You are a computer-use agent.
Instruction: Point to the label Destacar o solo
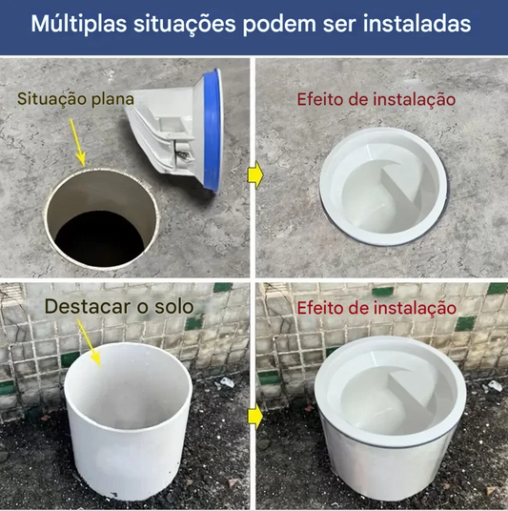point(118,306)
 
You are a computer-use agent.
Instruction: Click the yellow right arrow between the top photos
point(254,174)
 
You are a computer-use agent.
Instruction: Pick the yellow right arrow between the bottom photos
point(254,416)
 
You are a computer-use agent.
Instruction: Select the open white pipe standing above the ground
point(129,419)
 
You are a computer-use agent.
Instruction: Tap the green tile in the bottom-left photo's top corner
point(221,287)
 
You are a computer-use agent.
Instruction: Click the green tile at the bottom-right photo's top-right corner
point(497,288)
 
